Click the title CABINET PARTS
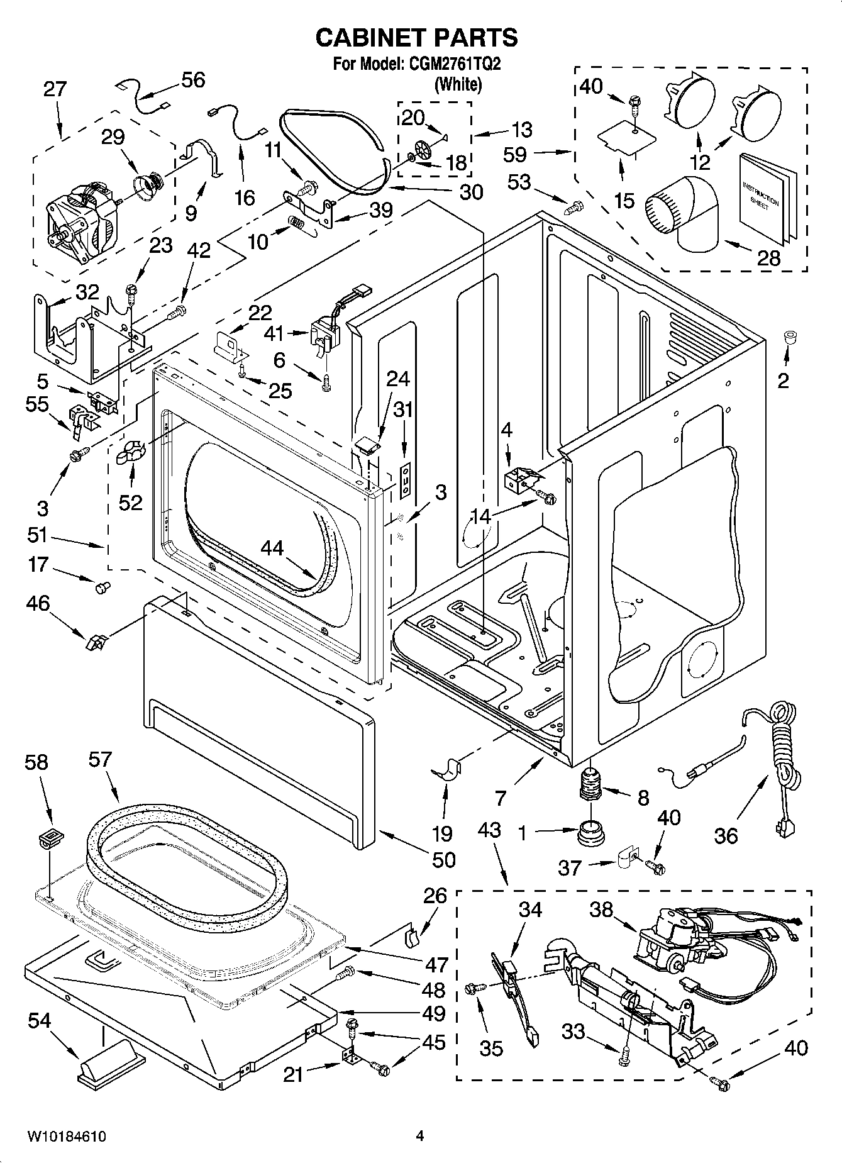click(416, 38)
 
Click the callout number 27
click(55, 89)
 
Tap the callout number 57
click(101, 760)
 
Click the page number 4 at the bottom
click(419, 1136)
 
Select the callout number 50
click(444, 859)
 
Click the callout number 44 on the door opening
click(272, 548)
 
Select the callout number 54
click(39, 1020)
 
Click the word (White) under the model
click(458, 84)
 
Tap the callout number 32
click(87, 292)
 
